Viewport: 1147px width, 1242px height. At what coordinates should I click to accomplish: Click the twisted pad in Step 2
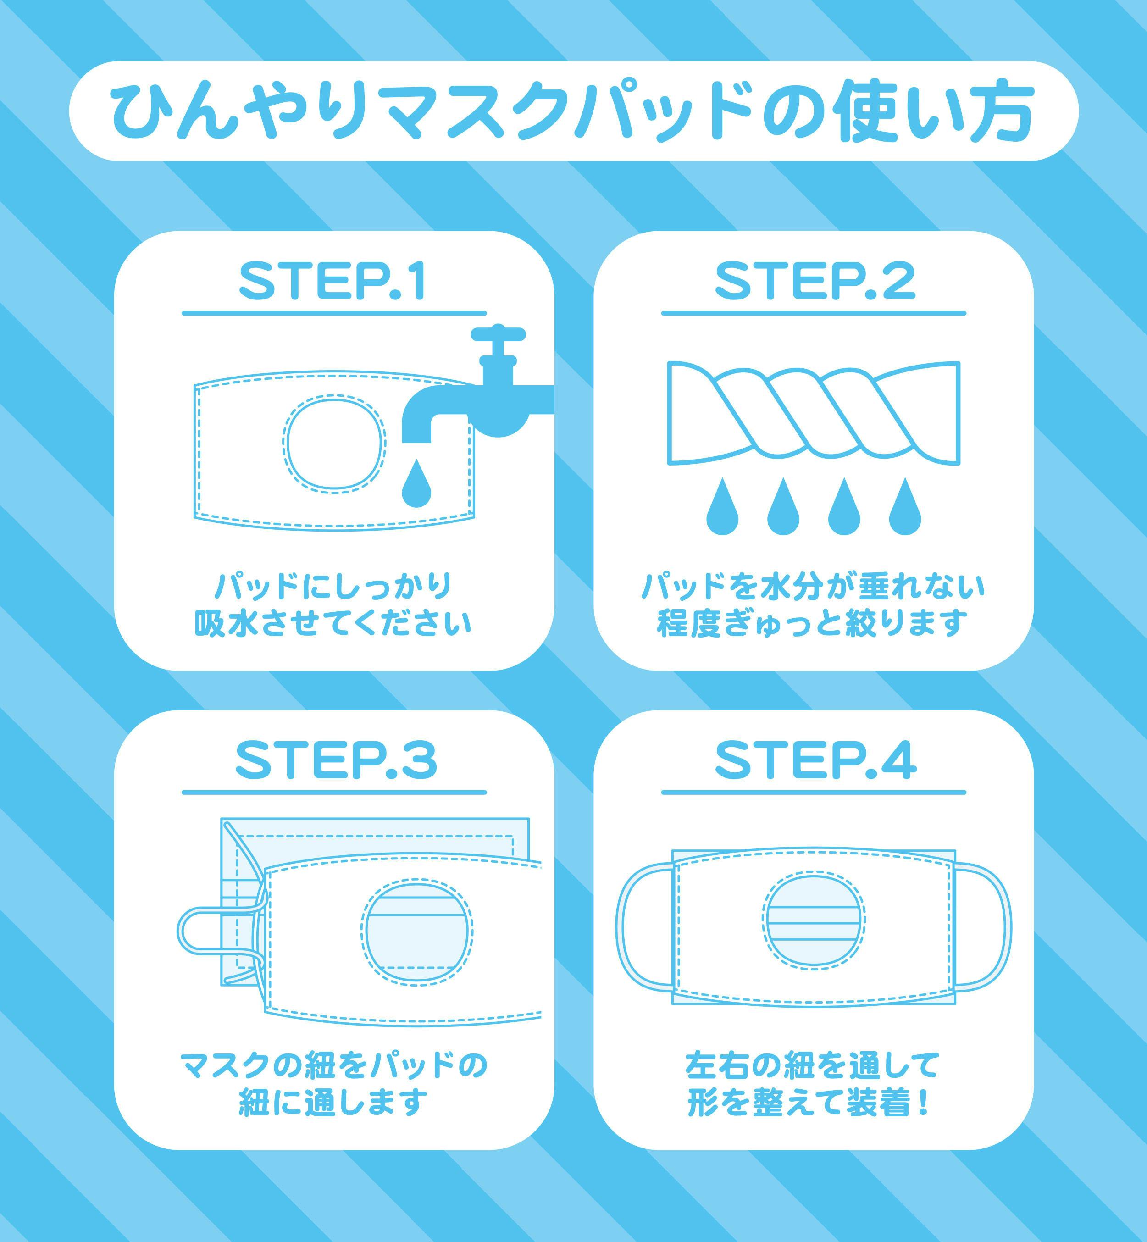click(x=814, y=412)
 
